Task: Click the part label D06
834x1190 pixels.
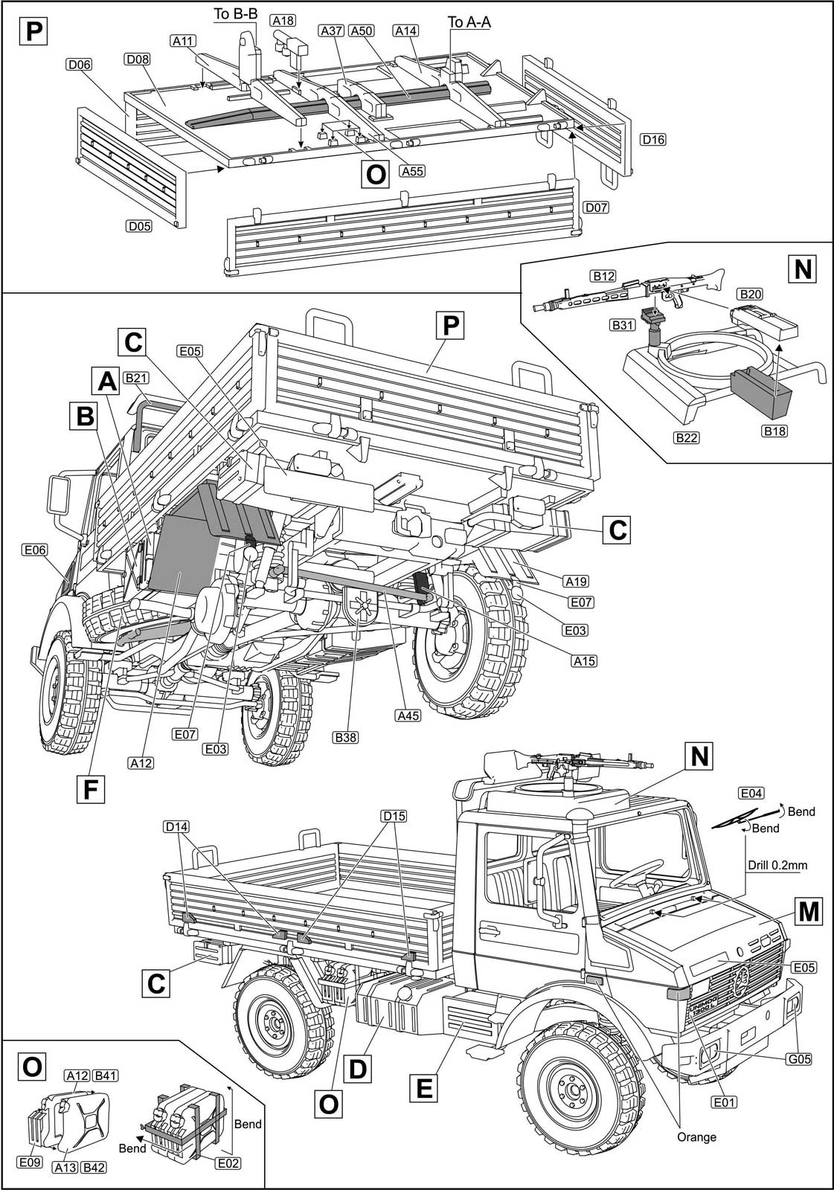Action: [x=78, y=65]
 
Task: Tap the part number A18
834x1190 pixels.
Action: [x=282, y=21]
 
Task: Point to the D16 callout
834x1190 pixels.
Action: [x=653, y=139]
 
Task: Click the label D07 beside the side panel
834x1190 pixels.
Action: [x=597, y=207]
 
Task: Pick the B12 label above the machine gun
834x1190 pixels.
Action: [x=604, y=277]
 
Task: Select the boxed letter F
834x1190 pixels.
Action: [x=90, y=788]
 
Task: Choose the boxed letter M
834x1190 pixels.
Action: [x=809, y=910]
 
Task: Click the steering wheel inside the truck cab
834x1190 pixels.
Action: [x=638, y=872]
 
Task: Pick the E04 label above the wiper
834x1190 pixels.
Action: [x=751, y=792]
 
